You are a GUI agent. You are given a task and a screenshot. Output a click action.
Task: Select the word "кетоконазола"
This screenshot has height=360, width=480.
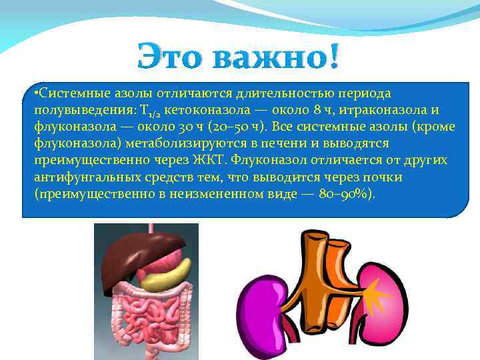(x=203, y=109)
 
